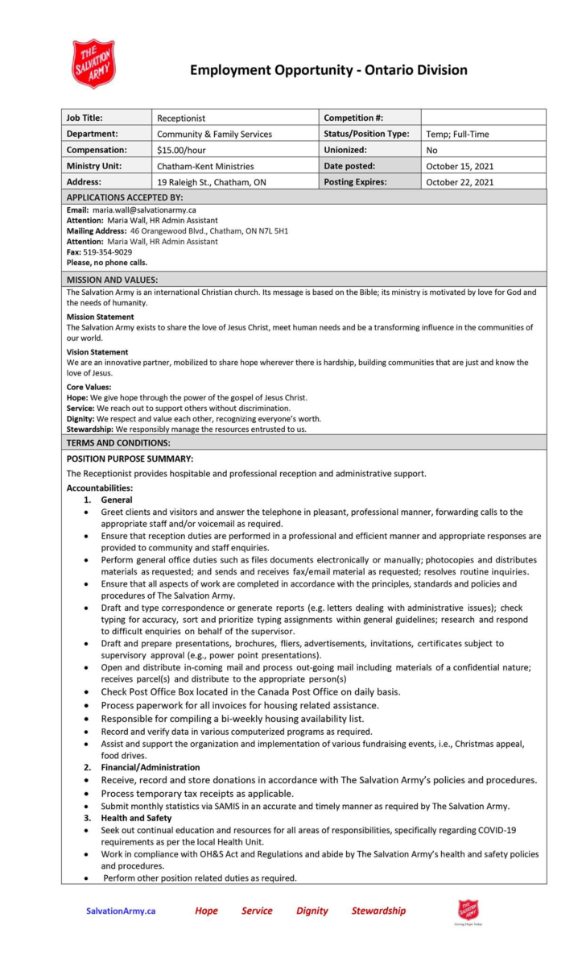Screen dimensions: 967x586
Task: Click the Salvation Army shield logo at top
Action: point(93,64)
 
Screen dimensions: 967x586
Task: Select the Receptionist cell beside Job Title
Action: point(181,118)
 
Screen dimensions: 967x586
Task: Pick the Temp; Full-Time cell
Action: point(457,135)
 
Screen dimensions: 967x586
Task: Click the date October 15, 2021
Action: point(460,166)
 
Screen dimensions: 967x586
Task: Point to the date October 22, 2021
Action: point(460,182)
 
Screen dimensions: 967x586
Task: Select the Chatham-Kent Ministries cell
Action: point(205,166)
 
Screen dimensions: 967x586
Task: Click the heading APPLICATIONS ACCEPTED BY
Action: point(125,197)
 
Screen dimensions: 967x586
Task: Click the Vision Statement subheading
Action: point(97,352)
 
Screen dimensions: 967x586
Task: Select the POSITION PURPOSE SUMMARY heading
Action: point(130,459)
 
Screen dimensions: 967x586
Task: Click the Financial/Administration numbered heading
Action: point(151,767)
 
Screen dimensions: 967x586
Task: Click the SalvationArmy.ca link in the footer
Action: point(121,911)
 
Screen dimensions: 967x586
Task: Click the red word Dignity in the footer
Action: point(312,911)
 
